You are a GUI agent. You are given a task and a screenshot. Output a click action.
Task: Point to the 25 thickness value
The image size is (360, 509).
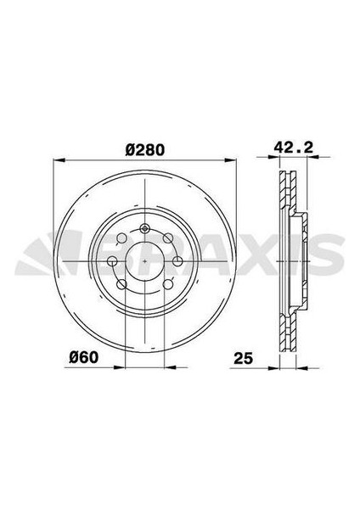click(244, 358)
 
